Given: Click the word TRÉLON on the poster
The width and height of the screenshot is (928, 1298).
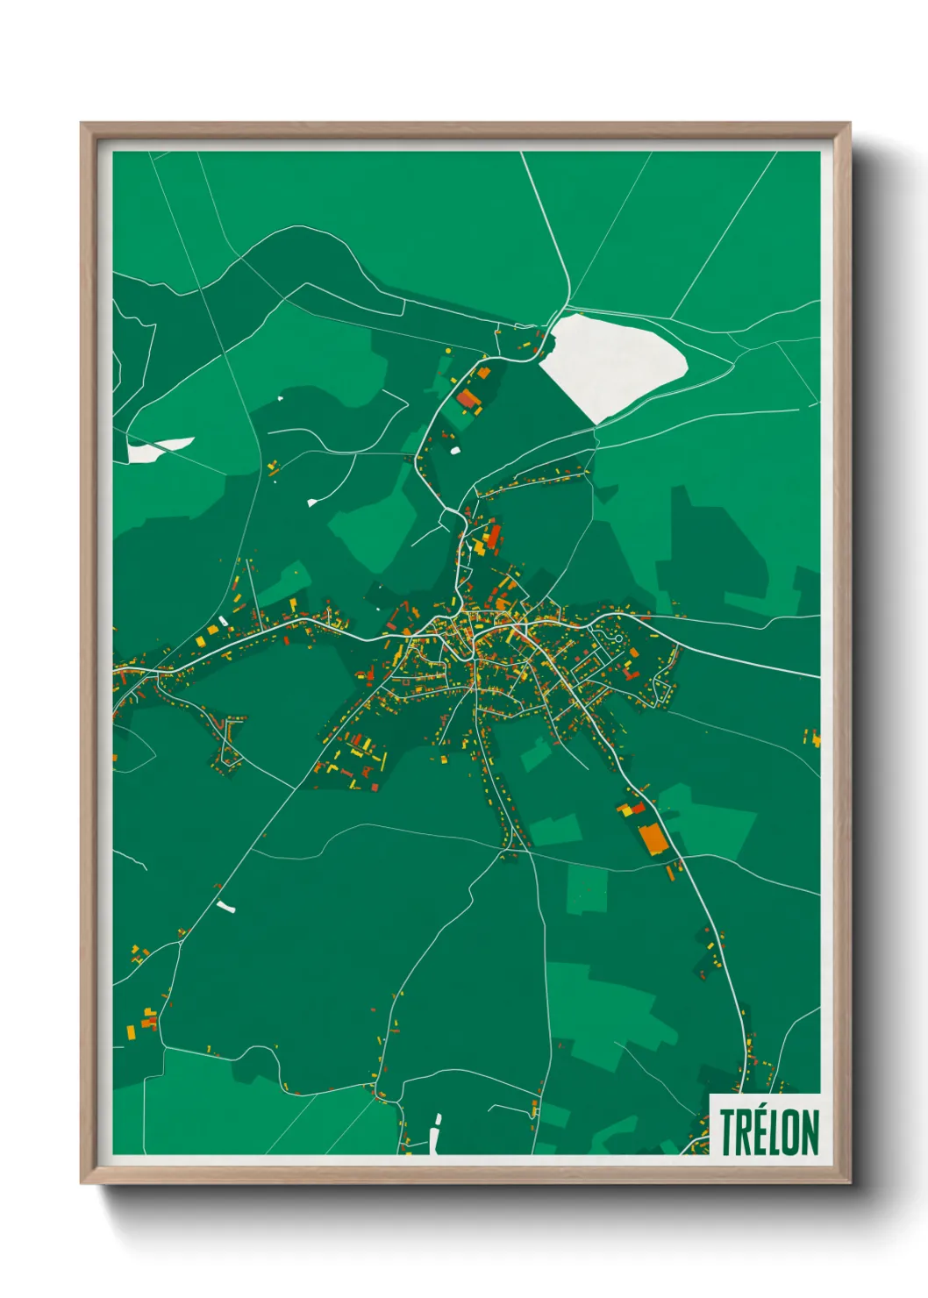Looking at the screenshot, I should (x=769, y=1132).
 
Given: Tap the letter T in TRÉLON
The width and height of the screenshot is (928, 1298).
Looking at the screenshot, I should (x=728, y=1132).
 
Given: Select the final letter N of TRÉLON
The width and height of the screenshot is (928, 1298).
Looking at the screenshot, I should (x=810, y=1132).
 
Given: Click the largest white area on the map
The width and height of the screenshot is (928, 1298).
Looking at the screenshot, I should (x=611, y=360).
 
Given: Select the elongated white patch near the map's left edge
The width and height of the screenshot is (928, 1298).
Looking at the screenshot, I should (x=158, y=450).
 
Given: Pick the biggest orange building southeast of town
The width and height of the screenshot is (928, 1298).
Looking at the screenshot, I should (x=653, y=838).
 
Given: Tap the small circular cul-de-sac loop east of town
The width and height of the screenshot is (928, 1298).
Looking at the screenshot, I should (x=618, y=638).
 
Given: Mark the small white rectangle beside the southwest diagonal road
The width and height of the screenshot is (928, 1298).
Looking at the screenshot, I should (x=227, y=907).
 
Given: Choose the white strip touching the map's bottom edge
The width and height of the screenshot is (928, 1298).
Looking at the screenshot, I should (x=435, y=1135).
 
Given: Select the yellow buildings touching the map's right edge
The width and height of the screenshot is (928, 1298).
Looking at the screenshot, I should (x=816, y=739).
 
